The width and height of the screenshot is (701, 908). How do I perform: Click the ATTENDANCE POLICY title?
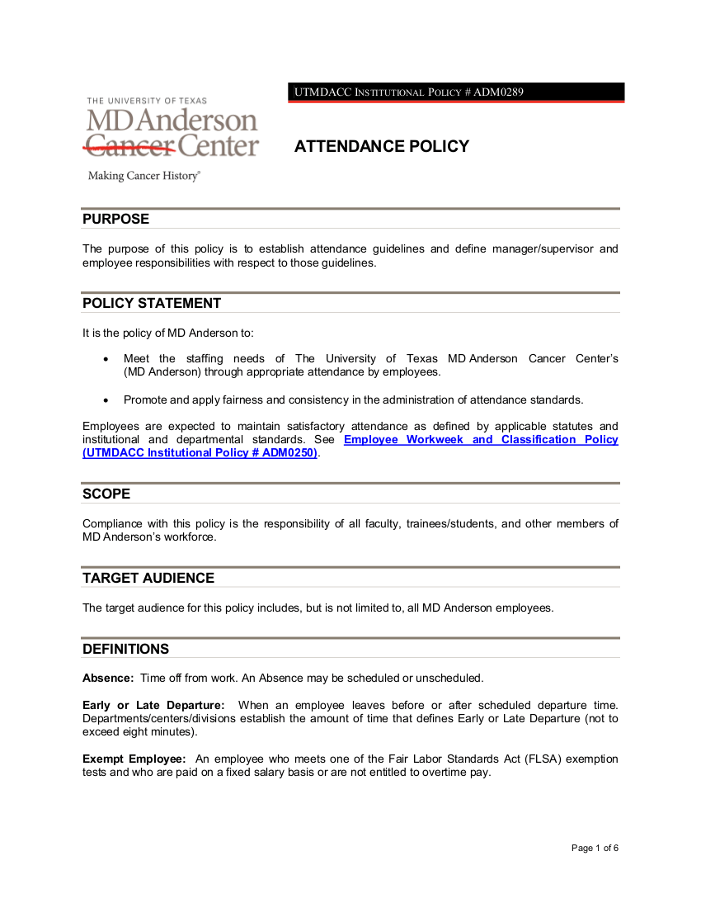point(381,147)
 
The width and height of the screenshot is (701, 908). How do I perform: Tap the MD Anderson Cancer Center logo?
point(172,129)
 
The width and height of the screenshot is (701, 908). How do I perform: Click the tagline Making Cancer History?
point(144,176)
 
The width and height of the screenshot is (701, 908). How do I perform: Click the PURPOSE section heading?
point(116,220)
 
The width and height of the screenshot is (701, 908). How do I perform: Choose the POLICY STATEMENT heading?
point(152,304)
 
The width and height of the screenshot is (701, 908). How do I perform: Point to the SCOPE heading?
point(106,494)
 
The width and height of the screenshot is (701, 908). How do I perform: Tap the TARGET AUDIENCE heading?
point(148,579)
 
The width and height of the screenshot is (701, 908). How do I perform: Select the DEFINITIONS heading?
point(125,650)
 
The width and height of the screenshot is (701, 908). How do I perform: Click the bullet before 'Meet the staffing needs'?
point(106,359)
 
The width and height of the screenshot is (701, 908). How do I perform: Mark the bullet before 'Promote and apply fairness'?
point(106,400)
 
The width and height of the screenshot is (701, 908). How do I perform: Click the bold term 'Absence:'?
point(108,679)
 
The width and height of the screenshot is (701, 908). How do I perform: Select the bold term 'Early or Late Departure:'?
point(153,706)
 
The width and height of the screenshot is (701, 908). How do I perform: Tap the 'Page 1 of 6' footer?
point(595,849)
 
